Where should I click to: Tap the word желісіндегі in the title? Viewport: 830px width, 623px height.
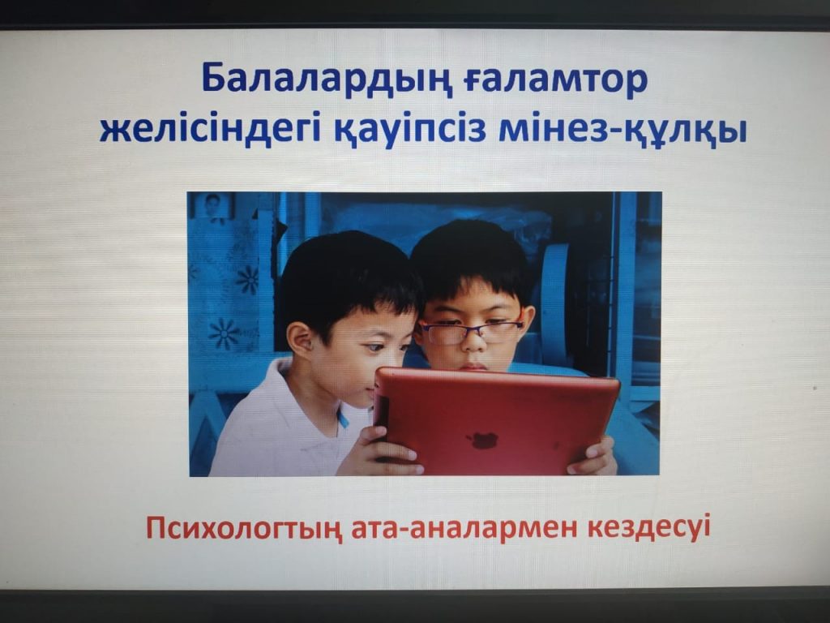210,130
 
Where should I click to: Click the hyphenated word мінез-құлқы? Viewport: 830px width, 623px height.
623,131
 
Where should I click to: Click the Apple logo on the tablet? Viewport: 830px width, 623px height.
481,439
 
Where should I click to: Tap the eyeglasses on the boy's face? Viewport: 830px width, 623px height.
470,332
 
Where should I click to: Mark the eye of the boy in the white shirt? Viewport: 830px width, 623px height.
376,348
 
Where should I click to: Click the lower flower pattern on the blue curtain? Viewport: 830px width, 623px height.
225,333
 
